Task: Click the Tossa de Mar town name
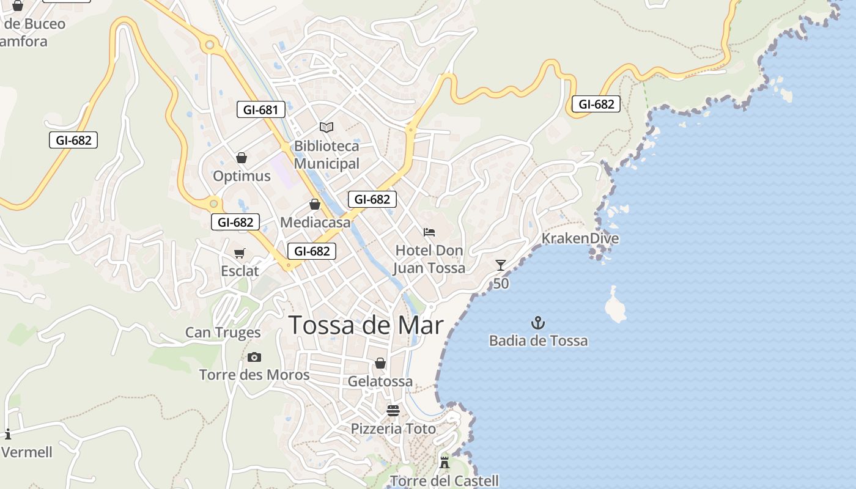click(x=366, y=325)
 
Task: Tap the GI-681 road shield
click(x=261, y=110)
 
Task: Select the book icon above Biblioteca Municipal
click(x=327, y=127)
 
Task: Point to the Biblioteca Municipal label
click(x=327, y=155)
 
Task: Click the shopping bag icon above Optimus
click(x=242, y=158)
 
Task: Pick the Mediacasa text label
click(x=315, y=222)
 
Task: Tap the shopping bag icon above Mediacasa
click(x=315, y=204)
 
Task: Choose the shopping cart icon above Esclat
click(x=240, y=253)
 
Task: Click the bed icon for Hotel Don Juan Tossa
click(x=429, y=232)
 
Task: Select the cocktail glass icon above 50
click(x=501, y=265)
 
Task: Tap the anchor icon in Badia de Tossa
click(x=538, y=322)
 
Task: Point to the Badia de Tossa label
click(x=538, y=340)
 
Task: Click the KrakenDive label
click(x=580, y=238)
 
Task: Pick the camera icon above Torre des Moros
click(x=254, y=357)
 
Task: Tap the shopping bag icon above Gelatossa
click(x=380, y=364)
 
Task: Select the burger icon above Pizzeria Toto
click(x=393, y=410)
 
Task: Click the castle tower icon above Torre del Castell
click(x=445, y=463)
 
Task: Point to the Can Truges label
click(x=223, y=333)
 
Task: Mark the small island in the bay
click(x=615, y=306)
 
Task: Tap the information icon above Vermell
click(x=8, y=435)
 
